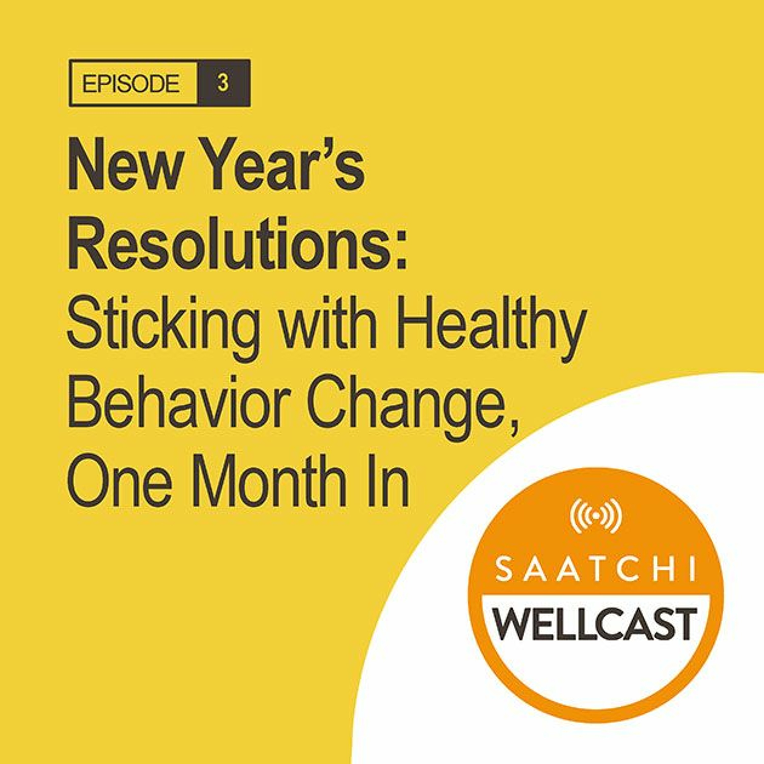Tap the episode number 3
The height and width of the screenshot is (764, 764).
point(223,84)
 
